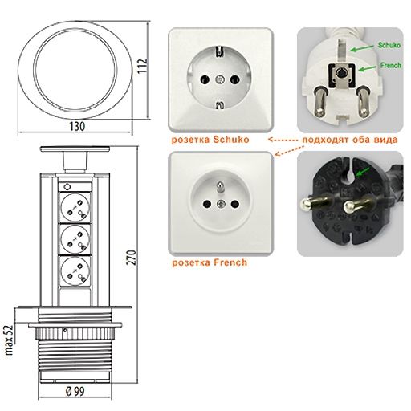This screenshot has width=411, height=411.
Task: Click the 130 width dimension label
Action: pyautogui.click(x=77, y=126)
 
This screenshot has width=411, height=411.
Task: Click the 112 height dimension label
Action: pyautogui.click(x=143, y=66)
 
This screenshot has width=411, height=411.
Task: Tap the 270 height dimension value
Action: pyautogui.click(x=132, y=258)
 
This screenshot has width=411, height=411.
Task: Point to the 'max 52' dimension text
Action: pyautogui.click(x=9, y=340)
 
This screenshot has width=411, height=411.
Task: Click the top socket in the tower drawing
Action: pyautogui.click(x=75, y=208)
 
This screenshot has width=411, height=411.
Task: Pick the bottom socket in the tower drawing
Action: pyautogui.click(x=75, y=270)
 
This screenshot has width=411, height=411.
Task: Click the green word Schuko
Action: pyautogui.click(x=389, y=45)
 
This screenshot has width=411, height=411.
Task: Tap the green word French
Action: pyautogui.click(x=391, y=65)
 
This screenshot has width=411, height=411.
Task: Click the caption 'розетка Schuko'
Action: pyautogui.click(x=210, y=140)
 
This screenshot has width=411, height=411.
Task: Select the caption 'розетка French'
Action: pyautogui.click(x=210, y=262)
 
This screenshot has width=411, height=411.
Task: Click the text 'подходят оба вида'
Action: pyautogui.click(x=350, y=140)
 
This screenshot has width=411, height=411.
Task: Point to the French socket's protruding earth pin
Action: pyautogui.click(x=220, y=187)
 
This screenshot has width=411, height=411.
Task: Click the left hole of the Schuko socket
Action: pyautogui.click(x=205, y=79)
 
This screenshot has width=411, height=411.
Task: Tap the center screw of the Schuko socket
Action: pyautogui.click(x=220, y=79)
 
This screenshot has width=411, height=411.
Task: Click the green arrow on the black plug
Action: pyautogui.click(x=363, y=173)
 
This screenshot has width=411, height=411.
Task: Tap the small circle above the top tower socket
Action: pyautogui.click(x=67, y=185)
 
